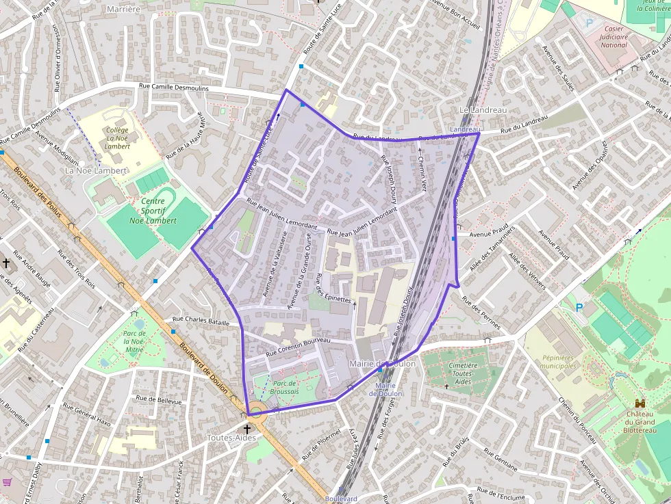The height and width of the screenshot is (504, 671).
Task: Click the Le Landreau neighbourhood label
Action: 483,109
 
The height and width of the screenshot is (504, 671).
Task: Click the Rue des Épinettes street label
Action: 333,289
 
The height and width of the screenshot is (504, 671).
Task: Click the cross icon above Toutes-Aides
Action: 246,429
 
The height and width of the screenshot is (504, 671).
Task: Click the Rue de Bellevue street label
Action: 159,400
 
